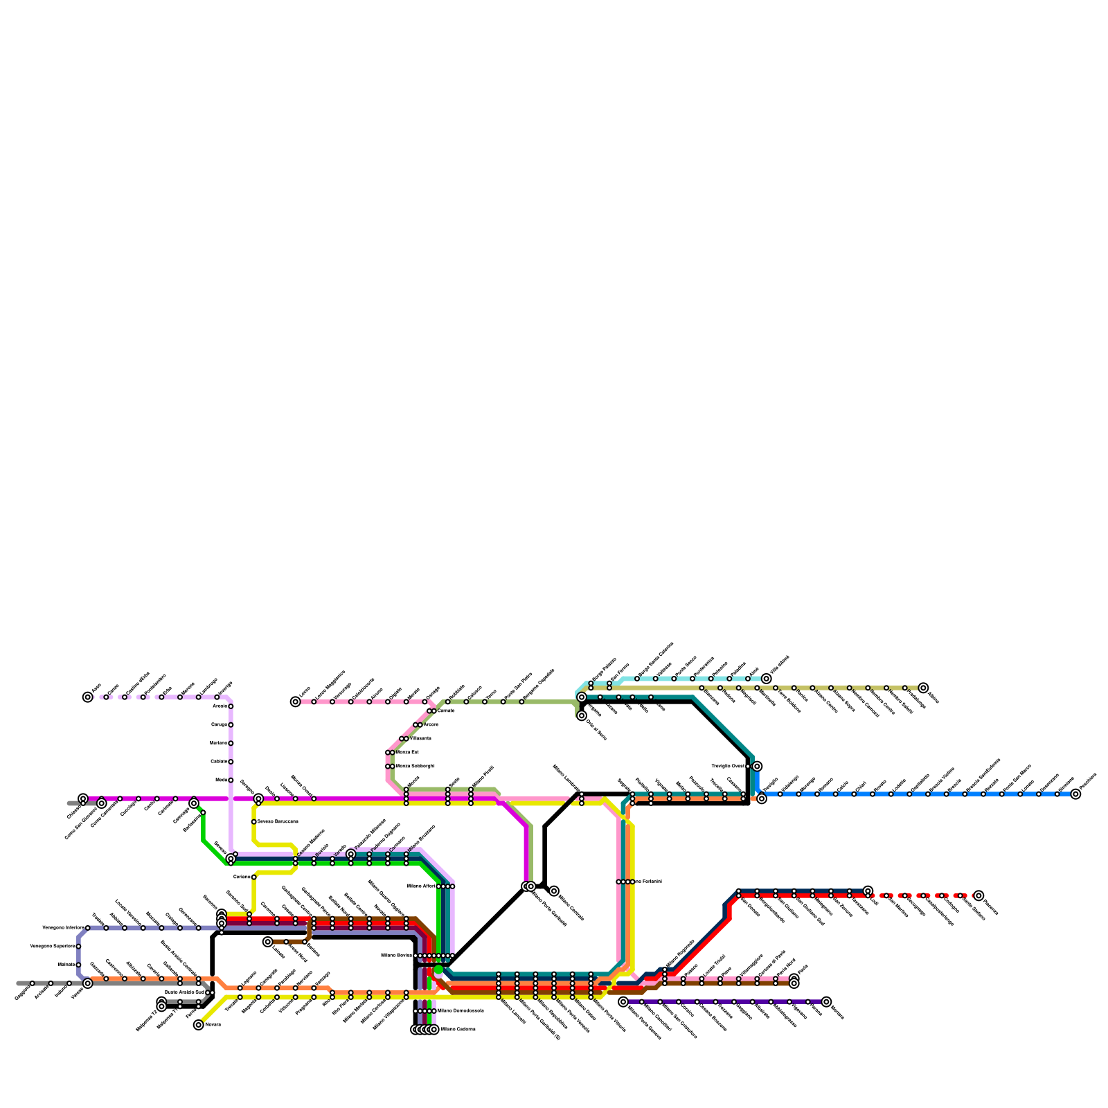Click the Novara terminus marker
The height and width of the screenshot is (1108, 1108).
click(199, 1025)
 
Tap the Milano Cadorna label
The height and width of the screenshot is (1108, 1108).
click(458, 1030)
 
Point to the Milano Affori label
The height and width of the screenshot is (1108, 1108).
click(420, 886)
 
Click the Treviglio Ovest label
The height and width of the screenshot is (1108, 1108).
click(728, 766)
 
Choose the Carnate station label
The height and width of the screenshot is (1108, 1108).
click(446, 711)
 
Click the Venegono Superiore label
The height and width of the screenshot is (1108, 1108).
click(53, 946)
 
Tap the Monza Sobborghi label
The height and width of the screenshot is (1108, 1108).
click(415, 766)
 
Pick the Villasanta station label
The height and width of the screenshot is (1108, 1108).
click(420, 739)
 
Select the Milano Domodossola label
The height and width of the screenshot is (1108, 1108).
click(460, 1011)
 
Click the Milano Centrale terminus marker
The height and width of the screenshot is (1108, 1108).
click(554, 891)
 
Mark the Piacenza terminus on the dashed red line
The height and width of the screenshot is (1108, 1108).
click(979, 895)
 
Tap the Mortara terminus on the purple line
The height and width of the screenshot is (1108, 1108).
click(826, 1002)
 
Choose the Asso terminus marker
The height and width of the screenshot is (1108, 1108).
click(87, 697)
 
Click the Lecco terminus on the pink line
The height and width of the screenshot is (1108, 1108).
click(296, 702)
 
